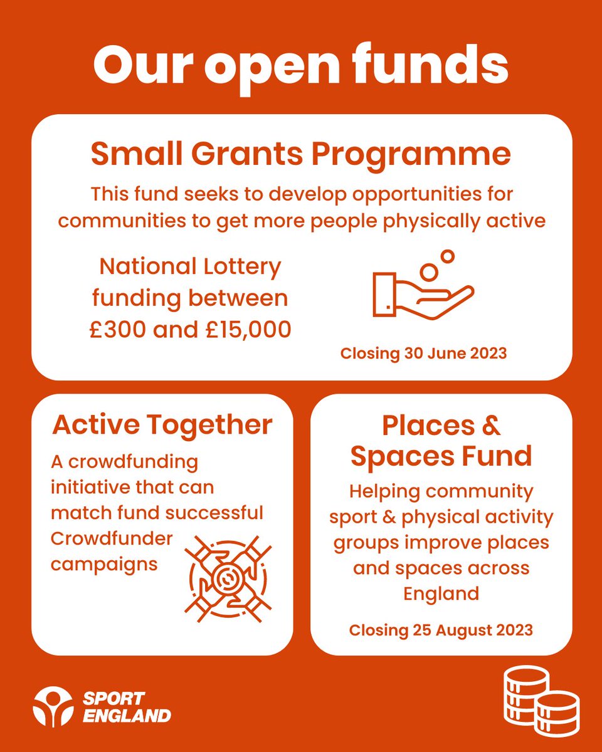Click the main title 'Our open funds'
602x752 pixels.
pos(301,65)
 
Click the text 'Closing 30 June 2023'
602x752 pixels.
pos(423,353)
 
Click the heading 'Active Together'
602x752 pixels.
pos(162,425)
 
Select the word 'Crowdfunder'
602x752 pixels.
pos(112,539)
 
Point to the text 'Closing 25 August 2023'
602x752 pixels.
pos(441,629)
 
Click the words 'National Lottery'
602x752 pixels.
pos(191,267)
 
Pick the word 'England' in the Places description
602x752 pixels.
pos(441,593)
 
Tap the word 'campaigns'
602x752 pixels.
pos(103,563)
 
